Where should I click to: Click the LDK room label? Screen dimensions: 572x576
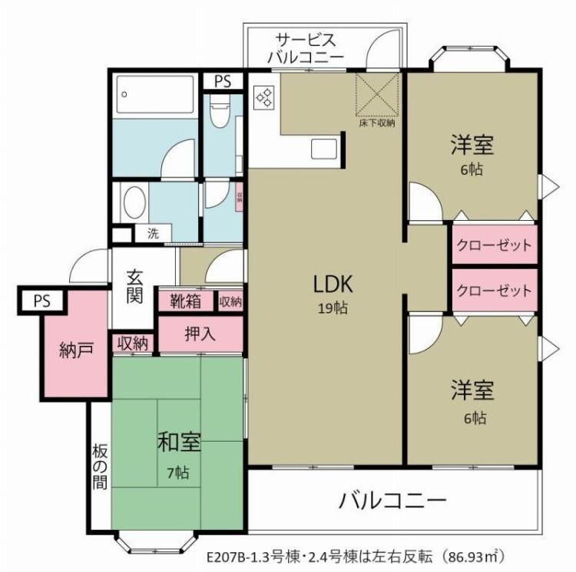coord(332,284)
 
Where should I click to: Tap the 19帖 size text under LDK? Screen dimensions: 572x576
coord(332,308)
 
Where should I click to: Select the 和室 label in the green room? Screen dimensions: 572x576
coord(179,442)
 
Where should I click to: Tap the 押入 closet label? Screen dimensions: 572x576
coord(200,334)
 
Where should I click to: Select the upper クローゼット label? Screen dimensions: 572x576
coord(494,246)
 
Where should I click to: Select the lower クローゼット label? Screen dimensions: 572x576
coord(494,291)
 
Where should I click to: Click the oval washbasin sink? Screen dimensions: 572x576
coord(134,202)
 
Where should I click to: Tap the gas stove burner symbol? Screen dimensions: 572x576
coord(265,97)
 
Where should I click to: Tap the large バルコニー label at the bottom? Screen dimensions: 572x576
coord(392,502)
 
